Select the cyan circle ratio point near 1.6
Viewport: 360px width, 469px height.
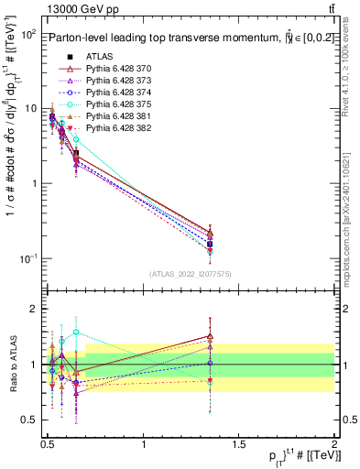pyautogui.click(x=76, y=332)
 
